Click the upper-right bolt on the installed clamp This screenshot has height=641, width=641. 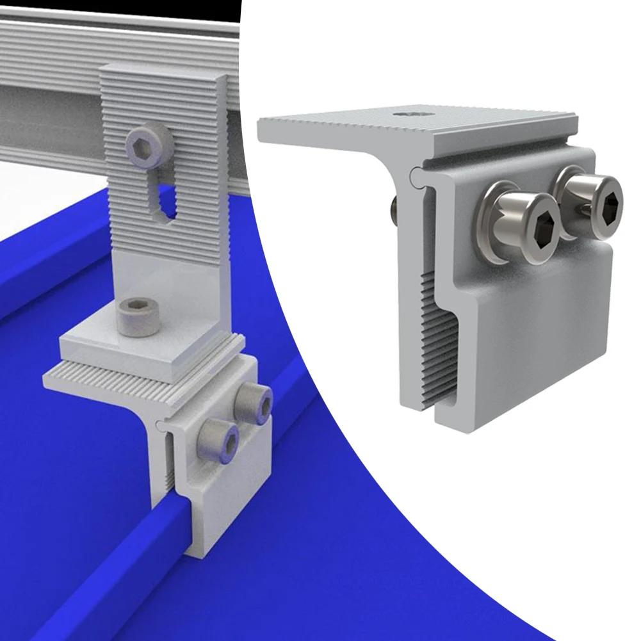(x=252, y=403)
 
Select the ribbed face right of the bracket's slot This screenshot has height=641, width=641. (x=199, y=192)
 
